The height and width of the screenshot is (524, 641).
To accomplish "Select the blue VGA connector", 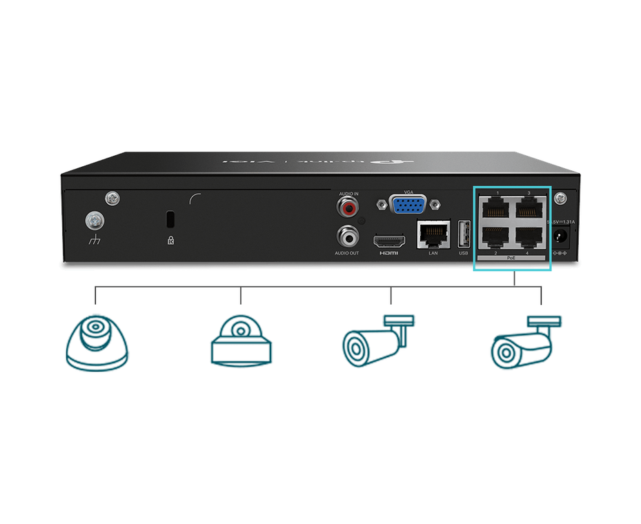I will point(407,206).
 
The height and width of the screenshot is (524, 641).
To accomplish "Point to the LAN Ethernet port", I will point(433,234).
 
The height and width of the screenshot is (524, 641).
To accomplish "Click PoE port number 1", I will point(492,207).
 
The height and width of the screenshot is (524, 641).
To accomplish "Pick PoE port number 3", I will point(529,207).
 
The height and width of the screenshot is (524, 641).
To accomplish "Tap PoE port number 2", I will point(492,237).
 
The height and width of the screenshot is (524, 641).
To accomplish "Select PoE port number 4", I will point(529,237).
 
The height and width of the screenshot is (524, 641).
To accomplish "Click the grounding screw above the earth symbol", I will point(93,221).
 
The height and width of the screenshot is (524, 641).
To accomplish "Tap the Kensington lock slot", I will point(170,219).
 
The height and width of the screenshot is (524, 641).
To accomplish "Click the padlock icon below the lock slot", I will point(170,241).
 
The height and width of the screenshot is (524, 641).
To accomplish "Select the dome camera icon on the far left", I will point(97,343).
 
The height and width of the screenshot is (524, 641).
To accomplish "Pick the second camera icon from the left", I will point(240,341).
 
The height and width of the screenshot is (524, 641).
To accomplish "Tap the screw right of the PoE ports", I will point(562,198).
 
